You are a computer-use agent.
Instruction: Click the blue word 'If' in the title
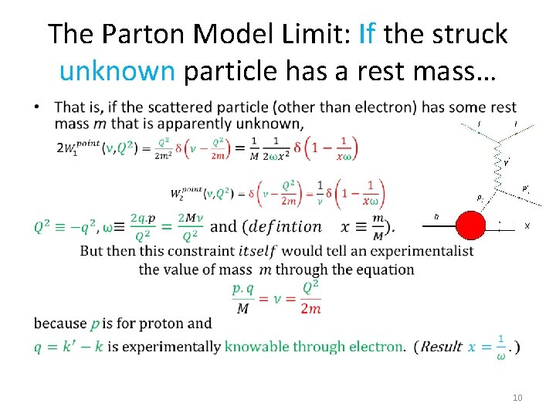click(x=368, y=34)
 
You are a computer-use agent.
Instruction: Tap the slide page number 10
click(x=517, y=398)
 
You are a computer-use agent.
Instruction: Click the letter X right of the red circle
click(x=527, y=226)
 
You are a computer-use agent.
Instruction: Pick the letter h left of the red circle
click(x=436, y=217)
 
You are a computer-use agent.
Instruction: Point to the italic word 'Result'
click(x=440, y=347)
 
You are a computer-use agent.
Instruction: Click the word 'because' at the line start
click(x=60, y=323)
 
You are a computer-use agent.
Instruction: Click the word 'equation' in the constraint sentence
click(x=384, y=270)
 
